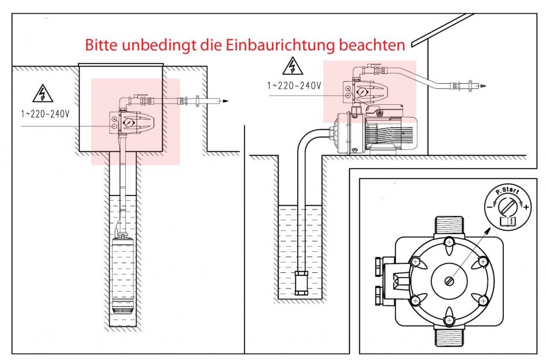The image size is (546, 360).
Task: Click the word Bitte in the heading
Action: coord(102,45)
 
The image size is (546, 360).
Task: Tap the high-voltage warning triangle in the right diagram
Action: coord(292,67)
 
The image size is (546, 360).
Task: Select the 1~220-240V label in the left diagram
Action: coord(39,114)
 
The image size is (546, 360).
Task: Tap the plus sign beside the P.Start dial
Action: coord(527,207)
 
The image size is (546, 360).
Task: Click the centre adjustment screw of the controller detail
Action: coord(449,280)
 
